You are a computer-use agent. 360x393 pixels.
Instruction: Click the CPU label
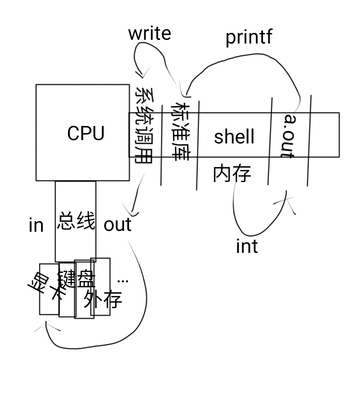(86, 133)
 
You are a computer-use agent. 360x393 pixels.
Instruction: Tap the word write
(149, 34)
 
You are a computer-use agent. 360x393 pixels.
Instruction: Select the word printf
(249, 37)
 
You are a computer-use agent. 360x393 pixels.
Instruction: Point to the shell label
(234, 137)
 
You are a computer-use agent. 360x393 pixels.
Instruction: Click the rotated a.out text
(288, 135)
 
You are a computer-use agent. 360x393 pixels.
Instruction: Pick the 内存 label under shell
(232, 174)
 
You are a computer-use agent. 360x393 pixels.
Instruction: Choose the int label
(247, 246)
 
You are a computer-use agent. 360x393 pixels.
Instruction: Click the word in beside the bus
(36, 225)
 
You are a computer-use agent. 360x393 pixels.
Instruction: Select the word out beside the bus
(117, 225)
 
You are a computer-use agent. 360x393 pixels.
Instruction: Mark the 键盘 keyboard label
(76, 279)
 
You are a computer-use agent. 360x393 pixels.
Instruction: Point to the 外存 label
(102, 298)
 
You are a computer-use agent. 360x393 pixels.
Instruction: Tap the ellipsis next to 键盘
(123, 281)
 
